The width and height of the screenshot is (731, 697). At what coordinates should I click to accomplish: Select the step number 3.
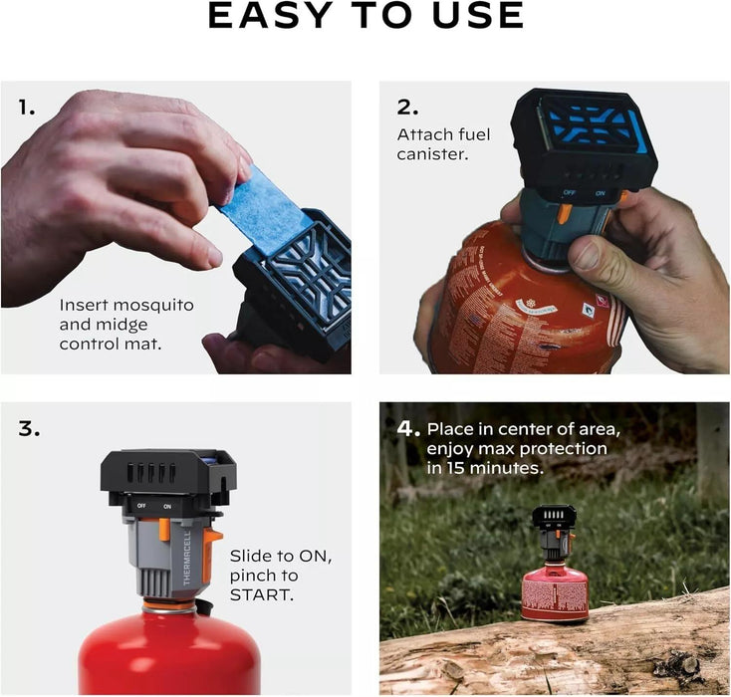tap(29, 430)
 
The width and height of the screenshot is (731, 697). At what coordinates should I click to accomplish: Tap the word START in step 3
tap(262, 595)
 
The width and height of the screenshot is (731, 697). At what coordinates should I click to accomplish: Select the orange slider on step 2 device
tap(564, 211)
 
